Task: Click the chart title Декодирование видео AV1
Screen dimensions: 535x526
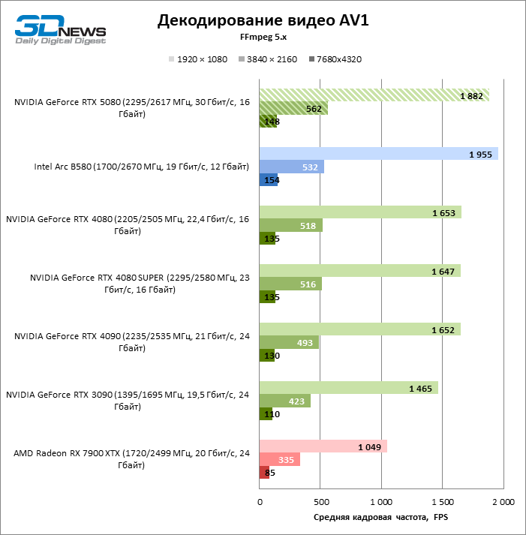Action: coord(263,21)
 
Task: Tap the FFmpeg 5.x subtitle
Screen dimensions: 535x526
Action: coord(263,37)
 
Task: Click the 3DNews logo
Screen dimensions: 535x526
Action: coord(61,29)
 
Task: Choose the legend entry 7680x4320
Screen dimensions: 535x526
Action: coord(335,59)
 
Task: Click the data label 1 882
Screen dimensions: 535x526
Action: coord(470,95)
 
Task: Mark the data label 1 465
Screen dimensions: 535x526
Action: coord(420,388)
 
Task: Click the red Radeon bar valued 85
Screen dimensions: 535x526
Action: coord(263,472)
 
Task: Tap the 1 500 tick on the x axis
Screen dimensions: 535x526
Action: coord(442,501)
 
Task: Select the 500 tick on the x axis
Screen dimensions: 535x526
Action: coord(320,501)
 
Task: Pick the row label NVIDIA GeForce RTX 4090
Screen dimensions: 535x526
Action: coord(128,342)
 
